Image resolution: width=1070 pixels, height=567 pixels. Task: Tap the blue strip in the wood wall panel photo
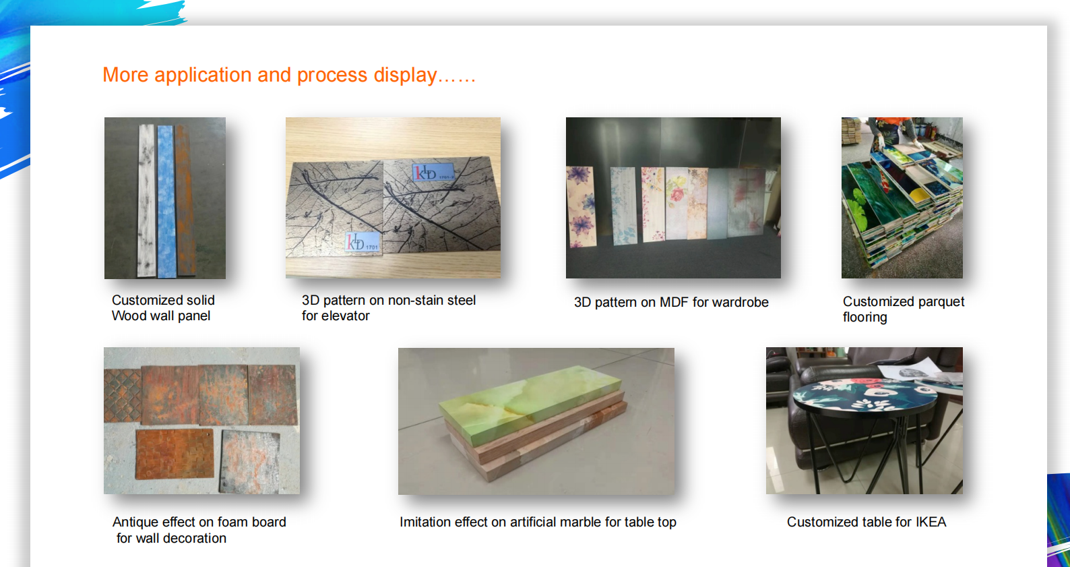(166, 202)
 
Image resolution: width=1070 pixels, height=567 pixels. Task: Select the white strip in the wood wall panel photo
(146, 200)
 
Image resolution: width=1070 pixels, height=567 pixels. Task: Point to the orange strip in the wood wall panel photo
(185, 201)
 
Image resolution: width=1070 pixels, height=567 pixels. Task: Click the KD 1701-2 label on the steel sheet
(433, 172)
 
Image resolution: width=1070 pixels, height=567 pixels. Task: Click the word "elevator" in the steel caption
(346, 316)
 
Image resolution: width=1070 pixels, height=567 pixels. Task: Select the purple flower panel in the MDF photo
(581, 206)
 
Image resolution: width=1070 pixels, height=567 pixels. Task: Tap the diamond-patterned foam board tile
(123, 395)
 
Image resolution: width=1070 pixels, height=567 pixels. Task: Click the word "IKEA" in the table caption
(931, 522)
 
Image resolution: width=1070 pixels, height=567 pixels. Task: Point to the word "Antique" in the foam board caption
(135, 522)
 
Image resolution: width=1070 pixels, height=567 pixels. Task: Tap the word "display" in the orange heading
(405, 76)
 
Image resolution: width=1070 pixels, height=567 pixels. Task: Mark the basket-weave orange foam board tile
(175, 454)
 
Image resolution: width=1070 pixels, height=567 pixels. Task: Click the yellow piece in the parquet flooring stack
(919, 194)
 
